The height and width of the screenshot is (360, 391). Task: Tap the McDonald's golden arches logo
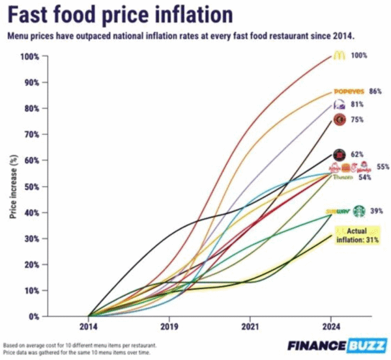click(x=338, y=55)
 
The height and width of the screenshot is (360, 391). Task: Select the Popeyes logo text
click(x=348, y=92)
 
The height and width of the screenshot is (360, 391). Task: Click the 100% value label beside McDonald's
click(x=359, y=55)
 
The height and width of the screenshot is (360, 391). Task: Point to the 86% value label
click(x=375, y=92)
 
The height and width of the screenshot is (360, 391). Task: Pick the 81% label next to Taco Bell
click(x=358, y=104)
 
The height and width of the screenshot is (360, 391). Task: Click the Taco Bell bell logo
click(x=339, y=104)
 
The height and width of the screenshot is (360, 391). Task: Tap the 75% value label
click(x=358, y=120)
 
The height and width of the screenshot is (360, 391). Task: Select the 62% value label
click(x=358, y=155)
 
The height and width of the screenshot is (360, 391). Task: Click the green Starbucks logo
click(x=358, y=211)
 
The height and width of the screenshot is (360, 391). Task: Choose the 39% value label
click(x=376, y=211)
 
